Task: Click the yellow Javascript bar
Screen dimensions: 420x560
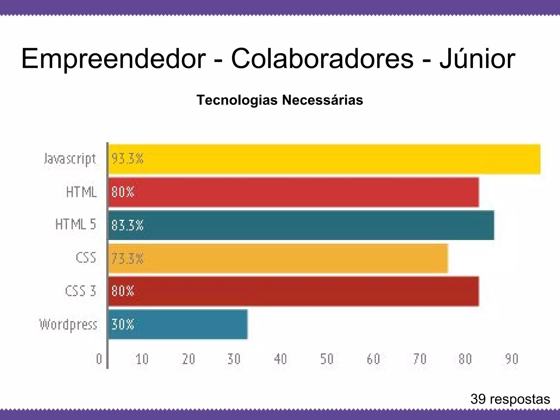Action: point(324,159)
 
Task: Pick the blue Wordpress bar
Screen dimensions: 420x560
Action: point(178,324)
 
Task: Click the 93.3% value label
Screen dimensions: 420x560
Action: point(127,159)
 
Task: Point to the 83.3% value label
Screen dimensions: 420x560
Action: point(127,225)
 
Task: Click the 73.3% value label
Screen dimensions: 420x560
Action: point(127,258)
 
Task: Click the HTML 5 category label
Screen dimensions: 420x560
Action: point(76,225)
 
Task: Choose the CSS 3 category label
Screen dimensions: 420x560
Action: point(81,291)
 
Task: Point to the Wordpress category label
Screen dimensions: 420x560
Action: point(68,325)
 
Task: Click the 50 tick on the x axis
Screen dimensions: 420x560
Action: point(327,359)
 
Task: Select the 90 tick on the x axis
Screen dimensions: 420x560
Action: point(512,359)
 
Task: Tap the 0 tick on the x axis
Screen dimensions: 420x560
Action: point(99,359)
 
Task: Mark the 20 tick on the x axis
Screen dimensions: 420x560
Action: point(189,359)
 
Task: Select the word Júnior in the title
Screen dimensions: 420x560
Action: point(477,59)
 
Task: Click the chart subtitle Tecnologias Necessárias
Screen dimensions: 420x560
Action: point(280,100)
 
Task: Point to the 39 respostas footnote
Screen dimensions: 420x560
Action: point(510,399)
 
